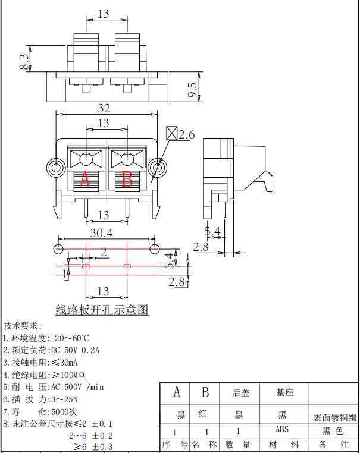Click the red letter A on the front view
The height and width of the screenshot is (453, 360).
84,179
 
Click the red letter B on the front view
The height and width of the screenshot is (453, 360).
127,179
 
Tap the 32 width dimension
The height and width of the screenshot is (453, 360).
104,108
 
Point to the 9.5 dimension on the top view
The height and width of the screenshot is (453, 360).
192,89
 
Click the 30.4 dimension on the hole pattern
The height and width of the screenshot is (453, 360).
101,233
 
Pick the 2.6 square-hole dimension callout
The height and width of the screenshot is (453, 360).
186,135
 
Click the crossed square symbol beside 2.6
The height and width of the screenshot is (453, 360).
171,133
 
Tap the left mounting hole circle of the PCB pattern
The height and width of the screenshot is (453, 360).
59,247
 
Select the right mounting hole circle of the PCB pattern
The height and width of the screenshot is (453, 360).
154,247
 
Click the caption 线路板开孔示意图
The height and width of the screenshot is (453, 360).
102,310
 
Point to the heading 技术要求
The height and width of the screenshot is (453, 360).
23,326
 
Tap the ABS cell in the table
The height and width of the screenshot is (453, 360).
282,429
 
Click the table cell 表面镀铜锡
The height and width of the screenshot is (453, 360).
334,418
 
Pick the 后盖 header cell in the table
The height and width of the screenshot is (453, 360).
241,392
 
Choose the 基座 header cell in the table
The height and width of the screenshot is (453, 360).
284,392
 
